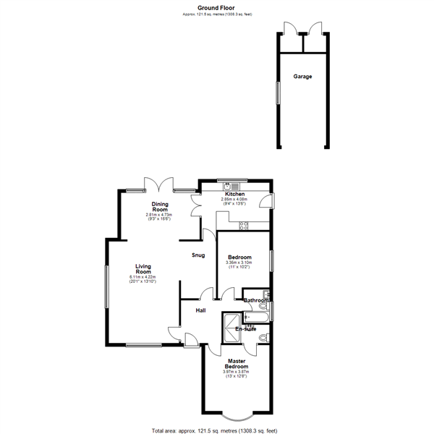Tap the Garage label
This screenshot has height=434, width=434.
[x=302, y=76]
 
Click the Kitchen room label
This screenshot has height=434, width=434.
[x=234, y=194]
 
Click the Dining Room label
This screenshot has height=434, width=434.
[x=160, y=206]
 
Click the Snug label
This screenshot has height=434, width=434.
[x=197, y=255]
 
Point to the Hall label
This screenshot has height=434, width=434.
[x=200, y=310]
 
